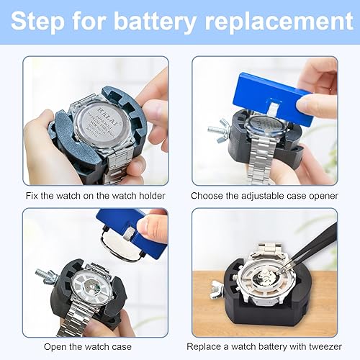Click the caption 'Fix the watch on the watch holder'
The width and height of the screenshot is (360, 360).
click(x=94, y=196)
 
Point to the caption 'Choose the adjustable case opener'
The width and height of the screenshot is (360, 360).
click(x=264, y=196)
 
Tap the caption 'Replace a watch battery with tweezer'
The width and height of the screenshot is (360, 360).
click(x=264, y=346)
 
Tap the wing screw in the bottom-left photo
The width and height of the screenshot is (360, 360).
click(x=46, y=274)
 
